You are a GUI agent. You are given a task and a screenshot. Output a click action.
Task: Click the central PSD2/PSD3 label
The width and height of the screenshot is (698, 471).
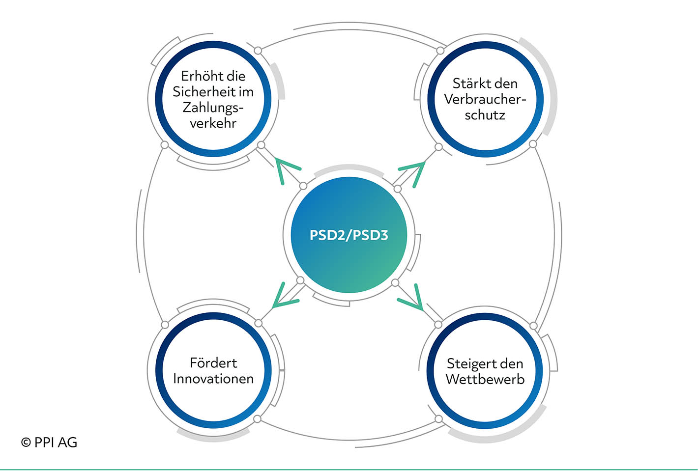point(349,235)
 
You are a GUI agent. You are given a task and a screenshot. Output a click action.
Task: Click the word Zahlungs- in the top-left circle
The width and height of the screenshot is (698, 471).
point(213,108)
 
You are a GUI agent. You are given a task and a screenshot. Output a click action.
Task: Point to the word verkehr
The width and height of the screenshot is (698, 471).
point(213,123)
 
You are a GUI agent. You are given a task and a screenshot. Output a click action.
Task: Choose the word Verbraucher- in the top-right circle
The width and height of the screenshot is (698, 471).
point(485,99)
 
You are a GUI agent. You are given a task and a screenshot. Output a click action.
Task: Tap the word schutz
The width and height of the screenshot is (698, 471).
point(485,115)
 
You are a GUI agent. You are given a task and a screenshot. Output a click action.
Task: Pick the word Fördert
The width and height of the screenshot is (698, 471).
point(213,363)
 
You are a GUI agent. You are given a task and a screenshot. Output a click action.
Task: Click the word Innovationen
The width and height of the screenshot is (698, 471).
point(213,379)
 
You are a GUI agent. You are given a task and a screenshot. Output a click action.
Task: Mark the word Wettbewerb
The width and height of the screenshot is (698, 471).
point(485,380)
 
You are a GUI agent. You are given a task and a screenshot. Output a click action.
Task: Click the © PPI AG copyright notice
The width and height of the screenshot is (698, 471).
point(49,443)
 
